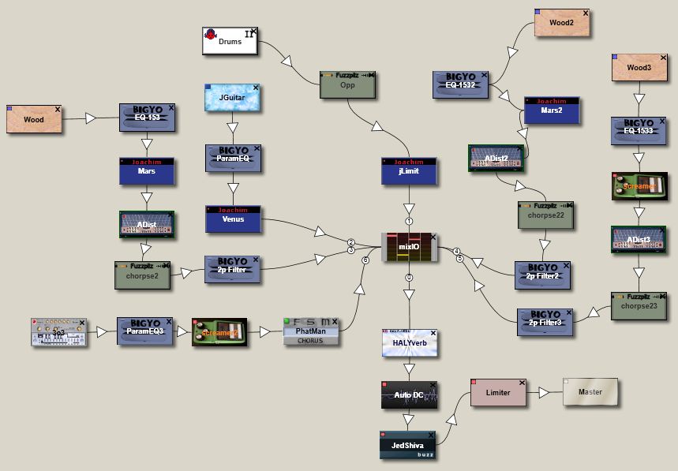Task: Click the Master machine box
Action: coord(590,392)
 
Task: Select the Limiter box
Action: coord(497,392)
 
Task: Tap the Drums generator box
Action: coord(230,41)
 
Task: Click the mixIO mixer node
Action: coord(409,247)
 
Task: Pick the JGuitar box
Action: coord(232,98)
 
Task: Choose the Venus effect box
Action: coord(233,219)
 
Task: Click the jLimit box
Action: coord(408,171)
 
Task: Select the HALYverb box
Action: coord(409,344)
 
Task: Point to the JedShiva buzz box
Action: coord(407,445)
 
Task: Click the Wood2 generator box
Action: coord(562,23)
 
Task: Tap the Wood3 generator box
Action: coord(640,68)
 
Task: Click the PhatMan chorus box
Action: coord(310,331)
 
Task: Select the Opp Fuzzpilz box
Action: coord(347,84)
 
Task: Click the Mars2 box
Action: coord(553,111)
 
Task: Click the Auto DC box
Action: coord(408,394)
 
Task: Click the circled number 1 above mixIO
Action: coord(409,222)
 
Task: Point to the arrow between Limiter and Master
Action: coord(544,392)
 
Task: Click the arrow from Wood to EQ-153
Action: coord(91,118)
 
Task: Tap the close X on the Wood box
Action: coord(58,109)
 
